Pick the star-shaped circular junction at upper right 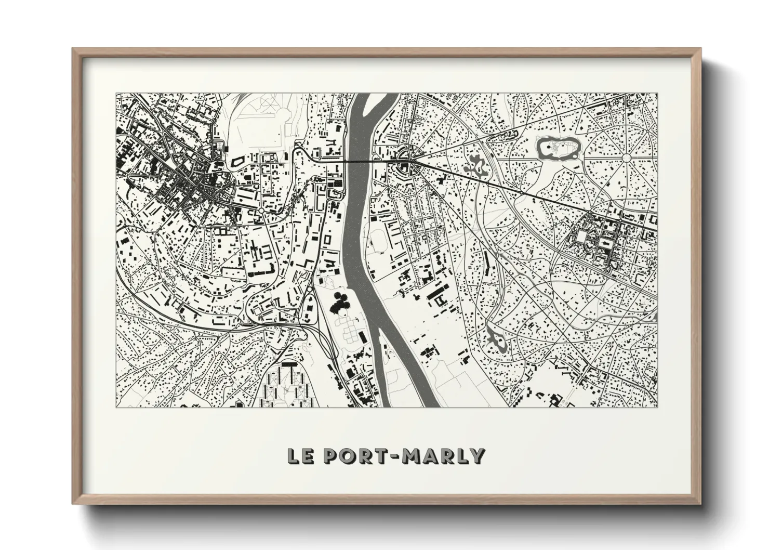627,157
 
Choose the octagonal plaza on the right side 581,239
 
